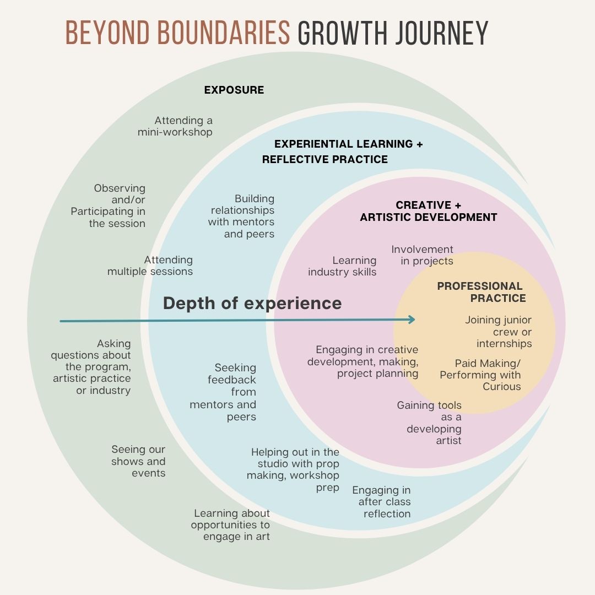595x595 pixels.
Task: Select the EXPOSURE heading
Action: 234,90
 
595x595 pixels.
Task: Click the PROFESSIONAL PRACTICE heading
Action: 480,292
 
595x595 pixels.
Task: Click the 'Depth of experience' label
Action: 252,303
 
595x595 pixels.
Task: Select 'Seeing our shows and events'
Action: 138,461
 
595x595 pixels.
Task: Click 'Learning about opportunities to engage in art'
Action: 231,525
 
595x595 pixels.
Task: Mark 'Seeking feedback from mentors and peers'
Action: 224,392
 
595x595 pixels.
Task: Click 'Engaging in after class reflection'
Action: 382,502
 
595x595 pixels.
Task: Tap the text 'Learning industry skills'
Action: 343,266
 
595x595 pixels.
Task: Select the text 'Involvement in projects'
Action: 423,255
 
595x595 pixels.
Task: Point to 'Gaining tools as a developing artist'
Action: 430,423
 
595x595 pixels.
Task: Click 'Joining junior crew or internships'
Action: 499,332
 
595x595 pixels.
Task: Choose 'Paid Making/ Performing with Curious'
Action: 480,375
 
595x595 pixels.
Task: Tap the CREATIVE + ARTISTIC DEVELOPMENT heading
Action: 429,211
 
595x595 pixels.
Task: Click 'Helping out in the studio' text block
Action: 294,469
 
